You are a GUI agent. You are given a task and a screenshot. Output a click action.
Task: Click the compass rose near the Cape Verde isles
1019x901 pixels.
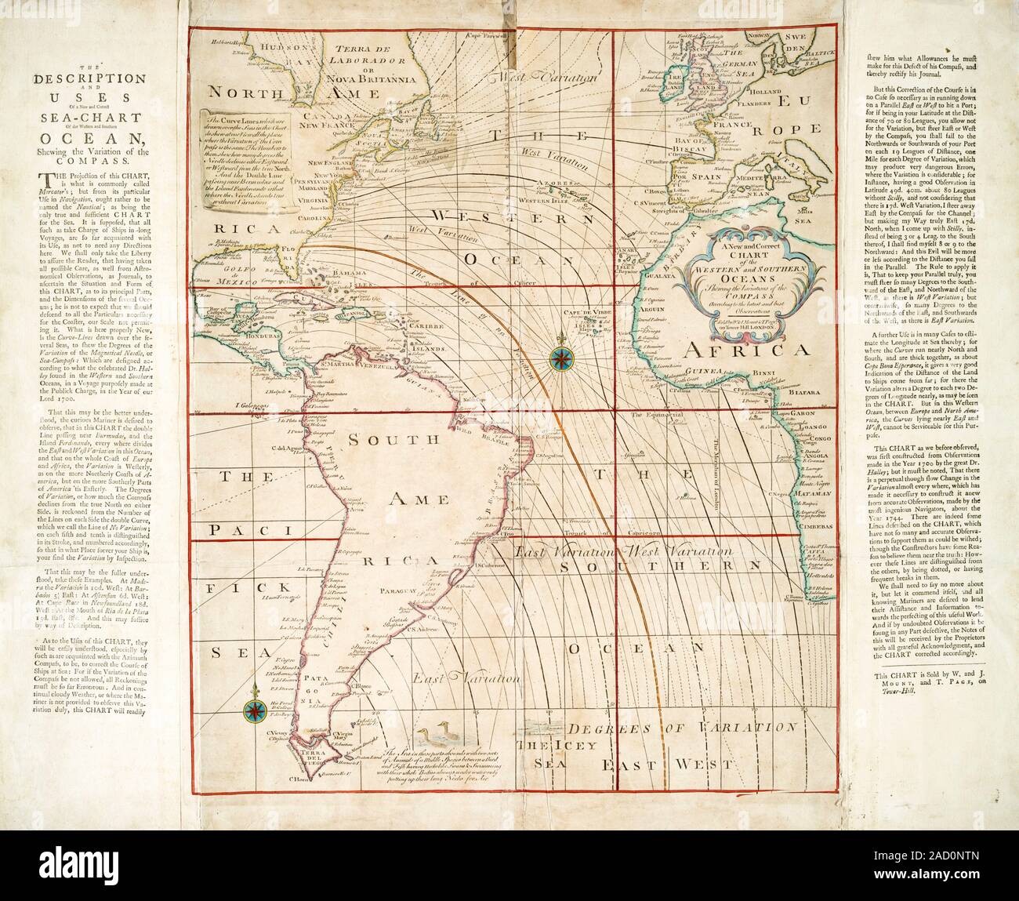pos(561,358)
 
